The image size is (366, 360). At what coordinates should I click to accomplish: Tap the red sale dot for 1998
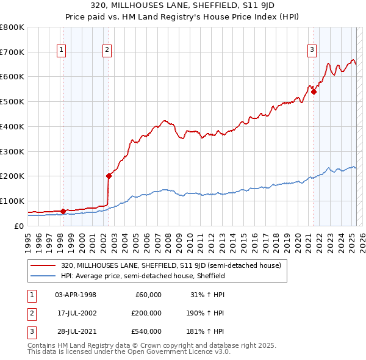point(63,211)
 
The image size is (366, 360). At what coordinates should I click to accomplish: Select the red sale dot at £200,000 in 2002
point(109,176)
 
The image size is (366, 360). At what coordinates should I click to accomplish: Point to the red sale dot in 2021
point(314,92)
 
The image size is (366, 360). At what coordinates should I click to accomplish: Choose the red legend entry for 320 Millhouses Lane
point(171,265)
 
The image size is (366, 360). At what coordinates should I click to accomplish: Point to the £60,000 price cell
point(148,295)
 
